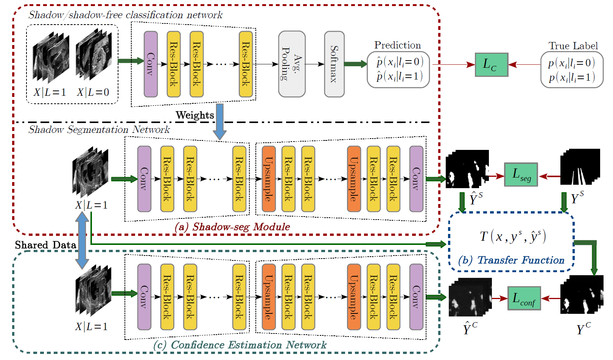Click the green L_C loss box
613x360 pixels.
click(491, 65)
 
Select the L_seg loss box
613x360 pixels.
click(521, 175)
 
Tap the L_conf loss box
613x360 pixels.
click(524, 298)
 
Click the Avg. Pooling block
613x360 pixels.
click(292, 64)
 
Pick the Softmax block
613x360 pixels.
click(334, 64)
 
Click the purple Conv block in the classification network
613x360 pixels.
click(151, 64)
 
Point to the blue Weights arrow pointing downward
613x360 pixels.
click(219, 121)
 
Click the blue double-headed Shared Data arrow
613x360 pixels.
click(82, 240)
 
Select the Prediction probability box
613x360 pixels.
click(398, 70)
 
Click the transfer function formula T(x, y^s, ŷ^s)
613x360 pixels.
click(513, 237)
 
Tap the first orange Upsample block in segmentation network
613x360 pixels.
click(268, 179)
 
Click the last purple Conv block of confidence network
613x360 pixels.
click(416, 296)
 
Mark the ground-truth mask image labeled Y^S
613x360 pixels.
click(580, 167)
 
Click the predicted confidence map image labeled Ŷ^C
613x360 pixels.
click(470, 297)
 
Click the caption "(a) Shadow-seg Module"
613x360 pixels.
click(232, 227)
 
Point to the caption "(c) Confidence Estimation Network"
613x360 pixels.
click(240, 345)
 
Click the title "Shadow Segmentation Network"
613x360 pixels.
click(99, 129)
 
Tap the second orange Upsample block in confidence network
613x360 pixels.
click(353, 296)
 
